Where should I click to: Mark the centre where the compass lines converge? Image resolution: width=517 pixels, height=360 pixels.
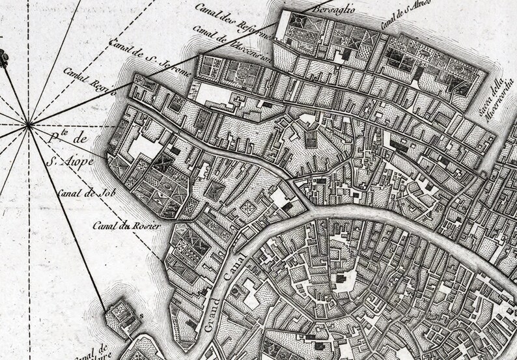(x=28, y=123)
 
